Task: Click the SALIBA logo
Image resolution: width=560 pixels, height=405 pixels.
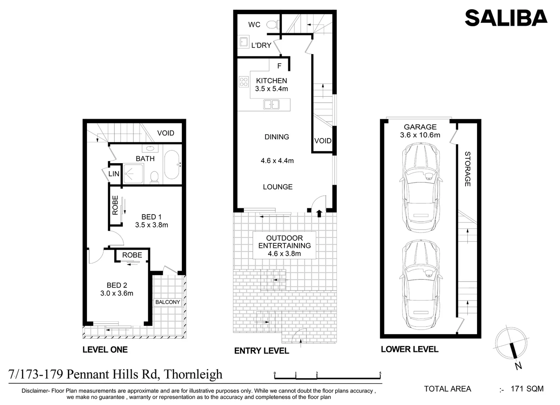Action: (506, 18)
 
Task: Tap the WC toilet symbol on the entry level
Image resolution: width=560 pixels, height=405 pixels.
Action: (272, 25)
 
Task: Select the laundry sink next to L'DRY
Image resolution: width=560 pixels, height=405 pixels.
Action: (243, 42)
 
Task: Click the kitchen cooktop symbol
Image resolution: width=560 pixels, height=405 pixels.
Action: (244, 82)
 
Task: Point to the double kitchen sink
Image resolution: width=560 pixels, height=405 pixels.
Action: (271, 104)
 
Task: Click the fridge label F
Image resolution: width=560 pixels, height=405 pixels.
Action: (279, 66)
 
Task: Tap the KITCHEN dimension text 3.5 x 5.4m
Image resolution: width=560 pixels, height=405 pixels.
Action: (272, 89)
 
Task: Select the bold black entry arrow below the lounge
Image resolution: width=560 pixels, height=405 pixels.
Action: (319, 213)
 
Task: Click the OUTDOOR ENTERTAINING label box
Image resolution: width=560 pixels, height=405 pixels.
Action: (284, 245)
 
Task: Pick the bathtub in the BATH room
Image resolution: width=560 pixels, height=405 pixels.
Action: (172, 165)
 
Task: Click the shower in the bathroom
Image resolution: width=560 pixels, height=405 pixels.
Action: (133, 174)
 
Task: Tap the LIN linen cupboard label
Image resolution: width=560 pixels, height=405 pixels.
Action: (114, 174)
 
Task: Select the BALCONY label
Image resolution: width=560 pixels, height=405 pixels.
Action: (168, 302)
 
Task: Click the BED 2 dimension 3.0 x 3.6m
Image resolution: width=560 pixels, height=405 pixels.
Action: (117, 293)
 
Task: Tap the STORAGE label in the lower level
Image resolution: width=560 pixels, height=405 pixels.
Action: (467, 169)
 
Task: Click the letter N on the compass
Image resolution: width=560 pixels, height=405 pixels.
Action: (518, 366)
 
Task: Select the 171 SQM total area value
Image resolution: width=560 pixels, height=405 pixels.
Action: (527, 389)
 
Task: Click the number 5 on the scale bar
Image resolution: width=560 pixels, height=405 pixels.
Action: (380, 373)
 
